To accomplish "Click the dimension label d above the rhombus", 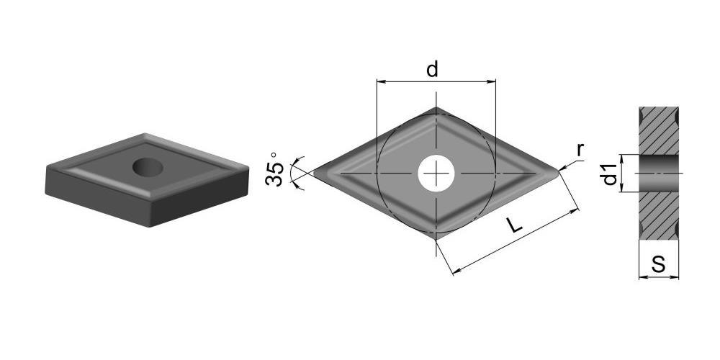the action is click(x=432, y=70).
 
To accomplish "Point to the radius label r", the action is click(x=580, y=150).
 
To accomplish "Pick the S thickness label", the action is click(x=659, y=265).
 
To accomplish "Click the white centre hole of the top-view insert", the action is click(x=436, y=173).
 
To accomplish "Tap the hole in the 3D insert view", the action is click(x=148, y=167).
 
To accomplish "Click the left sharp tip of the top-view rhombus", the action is click(x=314, y=173).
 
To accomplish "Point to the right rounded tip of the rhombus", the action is click(x=559, y=173).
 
